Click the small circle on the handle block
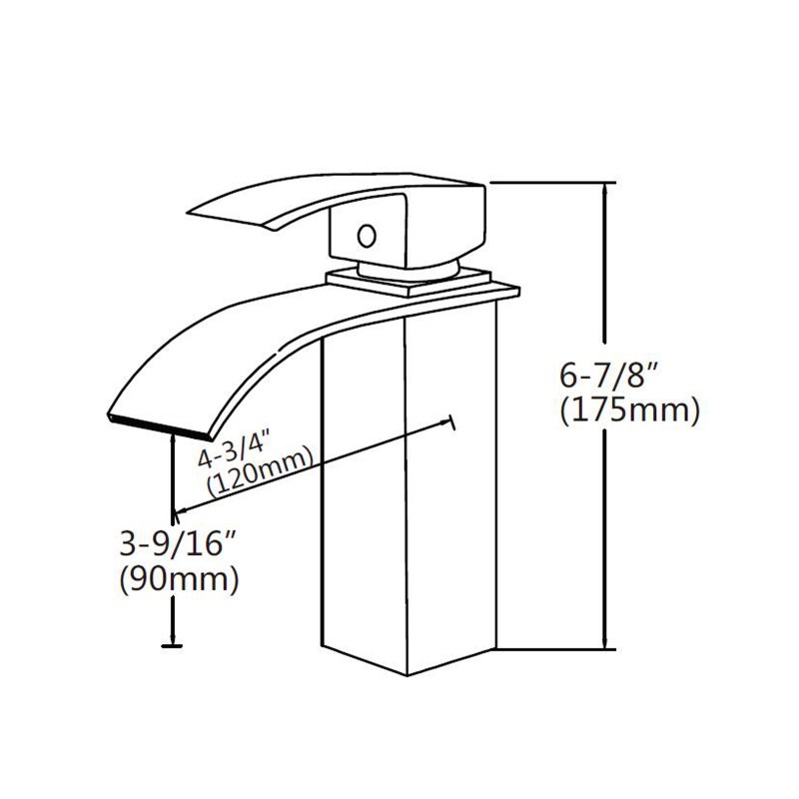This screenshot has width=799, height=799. tap(367, 236)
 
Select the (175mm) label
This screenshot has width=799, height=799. tap(630, 409)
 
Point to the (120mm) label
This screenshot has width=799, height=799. tap(260, 472)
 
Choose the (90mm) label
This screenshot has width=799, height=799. tap(179, 579)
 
